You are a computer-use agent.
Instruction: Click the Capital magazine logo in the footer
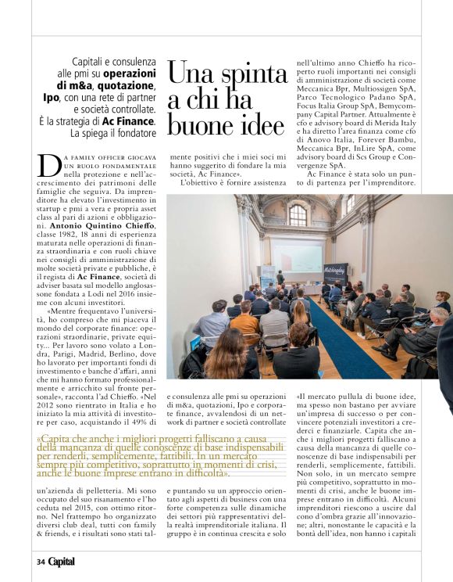[x=61, y=561]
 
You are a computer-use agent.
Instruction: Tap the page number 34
[x=40, y=562]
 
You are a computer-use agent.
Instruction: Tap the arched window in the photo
[x=298, y=214]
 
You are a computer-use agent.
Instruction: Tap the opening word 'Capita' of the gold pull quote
[x=57, y=439]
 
